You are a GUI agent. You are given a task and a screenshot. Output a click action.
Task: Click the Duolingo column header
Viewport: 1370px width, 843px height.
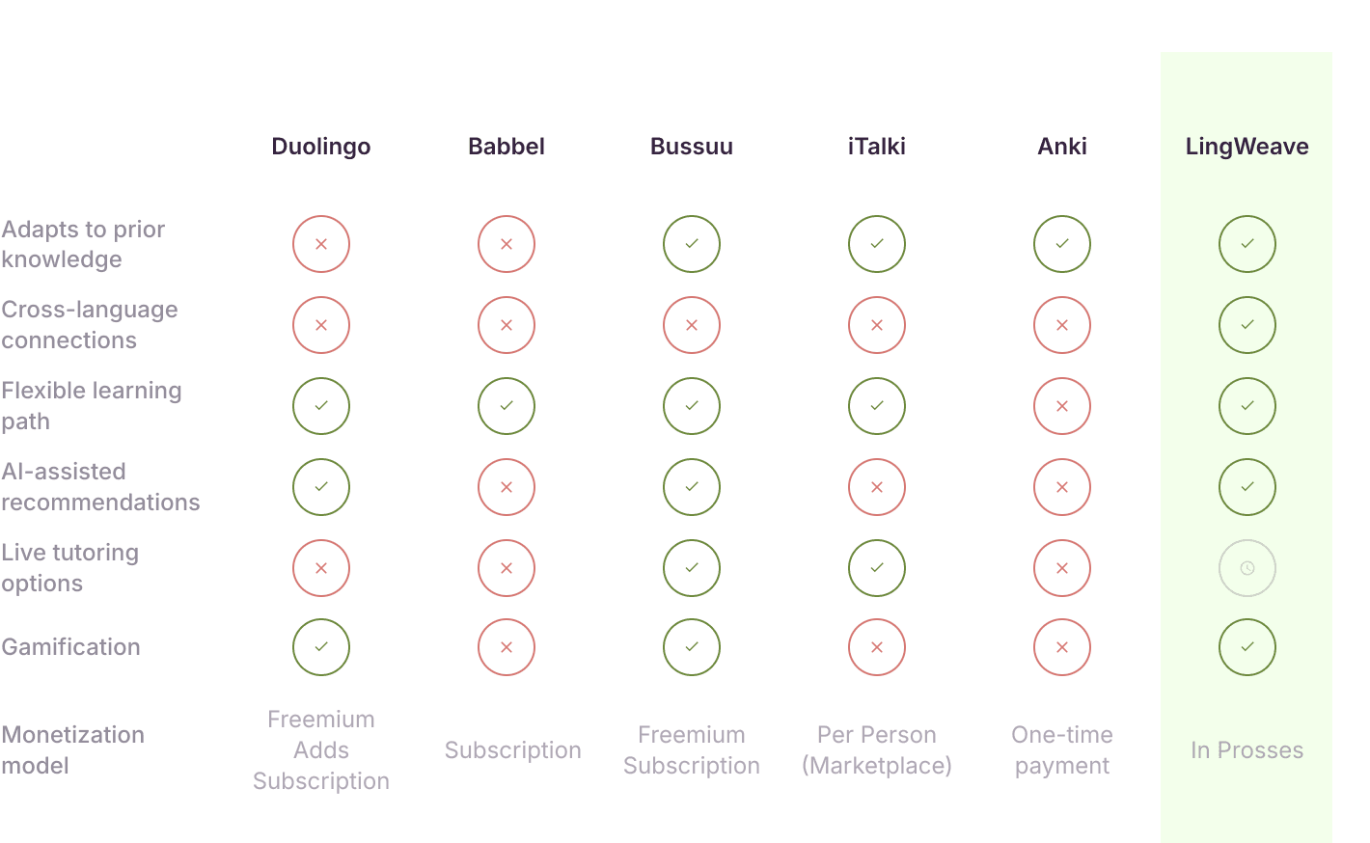pos(321,147)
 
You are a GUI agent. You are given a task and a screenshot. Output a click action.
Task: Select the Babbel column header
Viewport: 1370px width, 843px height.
pos(507,147)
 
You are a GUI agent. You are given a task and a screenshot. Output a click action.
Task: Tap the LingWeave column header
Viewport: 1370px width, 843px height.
pos(1247,147)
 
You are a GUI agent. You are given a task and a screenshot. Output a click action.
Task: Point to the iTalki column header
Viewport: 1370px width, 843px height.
pos(876,147)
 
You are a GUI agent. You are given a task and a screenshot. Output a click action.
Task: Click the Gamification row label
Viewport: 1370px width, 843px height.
pos(71,647)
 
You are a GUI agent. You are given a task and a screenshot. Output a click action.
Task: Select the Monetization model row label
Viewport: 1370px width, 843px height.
pos(72,750)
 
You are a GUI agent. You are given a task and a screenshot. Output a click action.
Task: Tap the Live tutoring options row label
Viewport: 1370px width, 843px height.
pos(69,568)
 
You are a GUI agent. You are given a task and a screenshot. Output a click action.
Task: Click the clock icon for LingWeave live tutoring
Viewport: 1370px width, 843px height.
pos(1247,568)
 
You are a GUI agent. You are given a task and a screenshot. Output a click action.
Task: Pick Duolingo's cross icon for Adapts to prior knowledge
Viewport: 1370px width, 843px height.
pos(321,244)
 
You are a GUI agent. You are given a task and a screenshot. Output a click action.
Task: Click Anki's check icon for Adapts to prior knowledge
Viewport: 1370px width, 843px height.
pos(1061,244)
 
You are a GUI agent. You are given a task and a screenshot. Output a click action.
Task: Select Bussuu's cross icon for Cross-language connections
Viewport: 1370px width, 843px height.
pos(692,325)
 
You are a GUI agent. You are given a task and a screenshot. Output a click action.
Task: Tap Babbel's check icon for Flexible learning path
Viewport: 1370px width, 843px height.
pos(507,406)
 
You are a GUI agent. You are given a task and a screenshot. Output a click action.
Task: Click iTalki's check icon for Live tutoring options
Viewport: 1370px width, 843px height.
pos(876,568)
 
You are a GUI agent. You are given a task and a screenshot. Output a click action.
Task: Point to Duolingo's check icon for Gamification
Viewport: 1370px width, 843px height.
pos(321,647)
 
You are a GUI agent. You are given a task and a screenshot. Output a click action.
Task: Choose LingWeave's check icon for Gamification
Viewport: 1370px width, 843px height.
pos(1247,647)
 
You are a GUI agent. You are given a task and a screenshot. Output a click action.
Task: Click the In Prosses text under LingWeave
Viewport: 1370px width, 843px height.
pos(1247,750)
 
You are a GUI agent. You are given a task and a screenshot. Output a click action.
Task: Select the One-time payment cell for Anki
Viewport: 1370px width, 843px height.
pos(1061,750)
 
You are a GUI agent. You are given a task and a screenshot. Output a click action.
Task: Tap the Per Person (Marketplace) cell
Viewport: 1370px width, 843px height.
pos(876,750)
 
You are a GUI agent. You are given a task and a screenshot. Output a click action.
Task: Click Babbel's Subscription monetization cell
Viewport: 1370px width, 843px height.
pos(512,750)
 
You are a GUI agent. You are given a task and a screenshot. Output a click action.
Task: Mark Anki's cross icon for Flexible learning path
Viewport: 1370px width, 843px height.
pos(1061,406)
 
